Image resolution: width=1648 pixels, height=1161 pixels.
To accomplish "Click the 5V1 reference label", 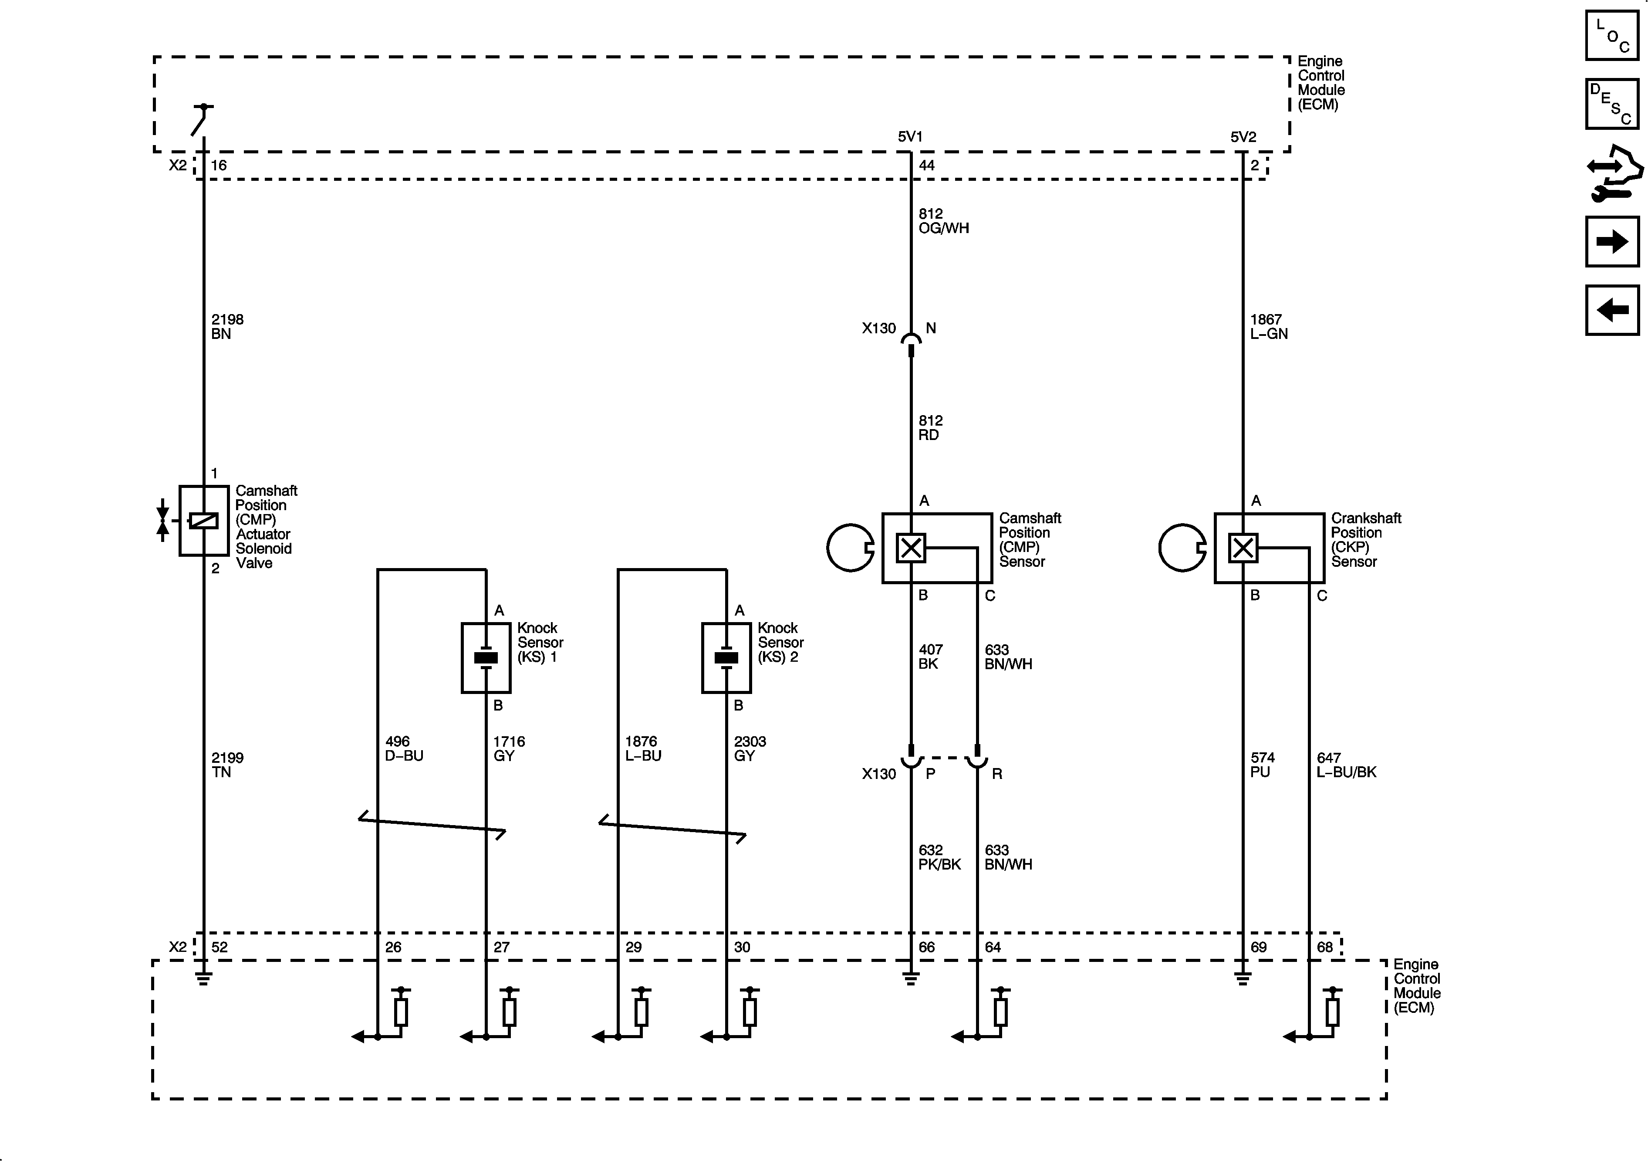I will point(909,136).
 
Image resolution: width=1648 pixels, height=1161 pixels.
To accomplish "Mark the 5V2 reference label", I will point(1243,136).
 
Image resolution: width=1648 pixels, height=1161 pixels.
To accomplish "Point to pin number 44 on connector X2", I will point(927,165).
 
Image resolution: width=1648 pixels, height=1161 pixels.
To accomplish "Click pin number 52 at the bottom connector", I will point(220,947).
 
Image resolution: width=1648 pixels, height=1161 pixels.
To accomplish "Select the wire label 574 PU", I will point(1262,765).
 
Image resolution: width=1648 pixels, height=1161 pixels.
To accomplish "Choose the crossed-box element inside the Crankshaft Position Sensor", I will point(1243,548).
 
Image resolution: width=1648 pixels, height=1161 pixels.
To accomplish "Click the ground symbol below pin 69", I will point(1243,978).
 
